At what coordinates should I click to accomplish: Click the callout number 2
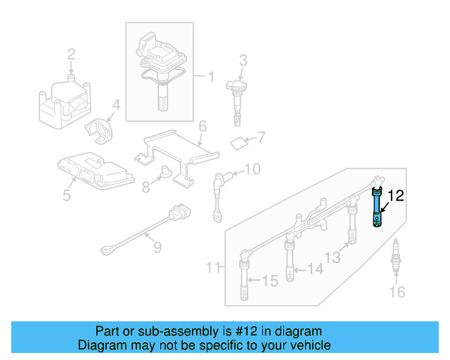point(71,54)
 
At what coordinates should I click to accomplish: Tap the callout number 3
point(243,60)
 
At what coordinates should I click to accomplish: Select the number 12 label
point(397,196)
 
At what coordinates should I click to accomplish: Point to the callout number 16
point(397,292)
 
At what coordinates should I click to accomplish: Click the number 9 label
point(157,247)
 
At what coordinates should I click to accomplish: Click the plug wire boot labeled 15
point(244,278)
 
